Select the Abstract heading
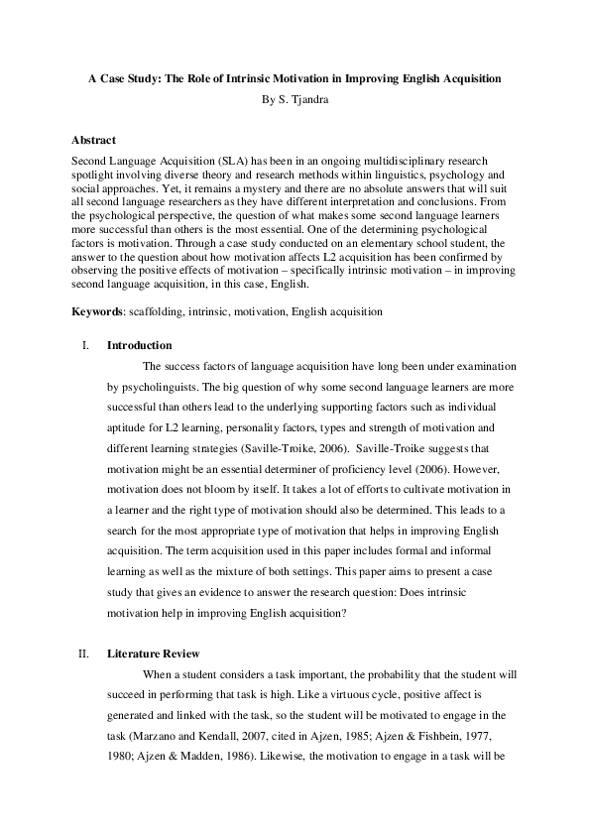(94, 141)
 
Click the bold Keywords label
(98, 312)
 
